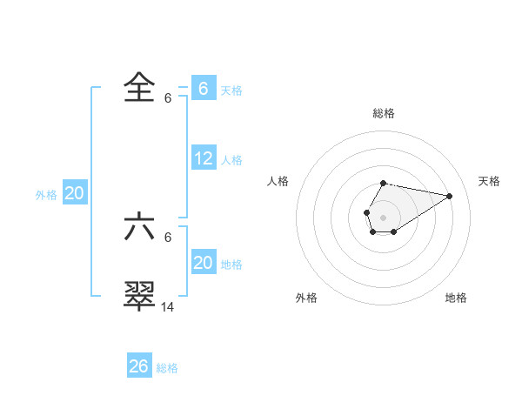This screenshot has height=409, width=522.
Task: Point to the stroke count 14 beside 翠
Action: pos(168,306)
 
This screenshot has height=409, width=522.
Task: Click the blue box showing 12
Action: pos(204,158)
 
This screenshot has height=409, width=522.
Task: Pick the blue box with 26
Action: pos(139,366)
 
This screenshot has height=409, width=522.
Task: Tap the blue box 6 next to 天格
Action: pos(204,89)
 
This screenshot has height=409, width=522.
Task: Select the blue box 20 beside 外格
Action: pos(75,194)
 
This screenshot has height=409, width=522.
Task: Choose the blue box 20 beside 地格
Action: pos(204,263)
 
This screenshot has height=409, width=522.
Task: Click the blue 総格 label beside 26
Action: pos(168,368)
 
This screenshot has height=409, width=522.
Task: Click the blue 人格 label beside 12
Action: pos(232,160)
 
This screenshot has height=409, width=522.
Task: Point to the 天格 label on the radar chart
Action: pos(489,181)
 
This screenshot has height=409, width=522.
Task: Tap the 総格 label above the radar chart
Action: pos(384,113)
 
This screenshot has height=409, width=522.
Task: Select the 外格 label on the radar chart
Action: pos(306,298)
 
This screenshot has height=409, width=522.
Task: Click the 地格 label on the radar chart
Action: pos(456,298)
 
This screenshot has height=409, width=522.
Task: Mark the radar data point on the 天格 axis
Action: pos(450,195)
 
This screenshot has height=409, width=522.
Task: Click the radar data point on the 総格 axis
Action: pos(384,184)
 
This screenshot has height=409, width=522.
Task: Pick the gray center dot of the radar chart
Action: pos(384,216)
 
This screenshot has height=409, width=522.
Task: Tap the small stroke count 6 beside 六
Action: pos(168,238)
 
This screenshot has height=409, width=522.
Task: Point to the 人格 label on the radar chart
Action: pos(278,181)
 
